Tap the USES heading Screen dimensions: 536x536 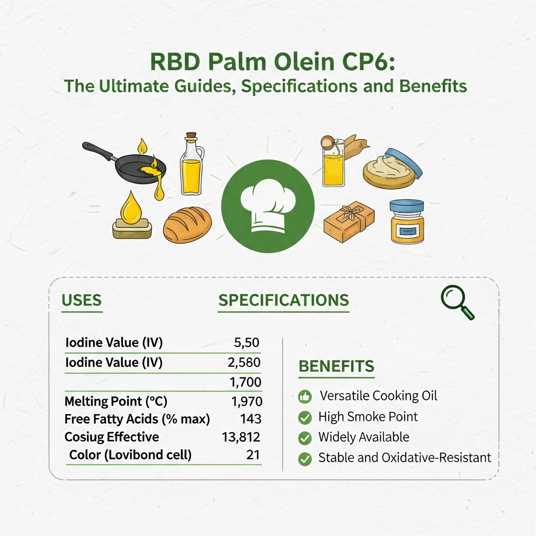81,300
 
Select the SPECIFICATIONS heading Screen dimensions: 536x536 283,300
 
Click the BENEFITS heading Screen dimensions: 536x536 336,366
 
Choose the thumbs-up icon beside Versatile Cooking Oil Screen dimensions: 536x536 305,396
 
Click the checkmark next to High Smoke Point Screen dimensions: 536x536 305,417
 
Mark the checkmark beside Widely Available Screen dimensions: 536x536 305,438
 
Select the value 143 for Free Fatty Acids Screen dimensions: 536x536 251,419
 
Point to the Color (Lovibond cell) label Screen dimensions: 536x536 130,455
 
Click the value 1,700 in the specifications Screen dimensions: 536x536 245,383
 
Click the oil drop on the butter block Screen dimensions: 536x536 131,207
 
